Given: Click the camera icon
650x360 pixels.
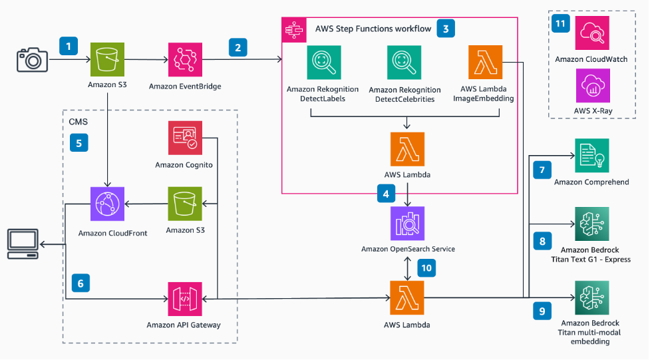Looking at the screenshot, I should pos(33,61).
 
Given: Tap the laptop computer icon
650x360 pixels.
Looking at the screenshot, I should pos(23,244).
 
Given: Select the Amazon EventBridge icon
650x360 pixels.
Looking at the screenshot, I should pos(185,61).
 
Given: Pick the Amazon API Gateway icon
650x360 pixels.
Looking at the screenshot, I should pos(185,299).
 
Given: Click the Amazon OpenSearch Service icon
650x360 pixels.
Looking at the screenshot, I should pos(407,224).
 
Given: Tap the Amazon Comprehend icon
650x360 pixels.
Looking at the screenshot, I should pos(591,156).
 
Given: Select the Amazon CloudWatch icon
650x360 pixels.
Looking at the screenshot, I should pos(591,35).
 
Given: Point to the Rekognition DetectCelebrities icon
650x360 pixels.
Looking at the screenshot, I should pos(405,63).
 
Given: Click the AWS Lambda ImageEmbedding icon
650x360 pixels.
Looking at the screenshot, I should pos(486,63).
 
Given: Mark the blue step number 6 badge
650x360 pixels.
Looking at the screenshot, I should pos(79,283).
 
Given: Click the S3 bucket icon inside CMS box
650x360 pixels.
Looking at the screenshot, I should pos(185,204).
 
